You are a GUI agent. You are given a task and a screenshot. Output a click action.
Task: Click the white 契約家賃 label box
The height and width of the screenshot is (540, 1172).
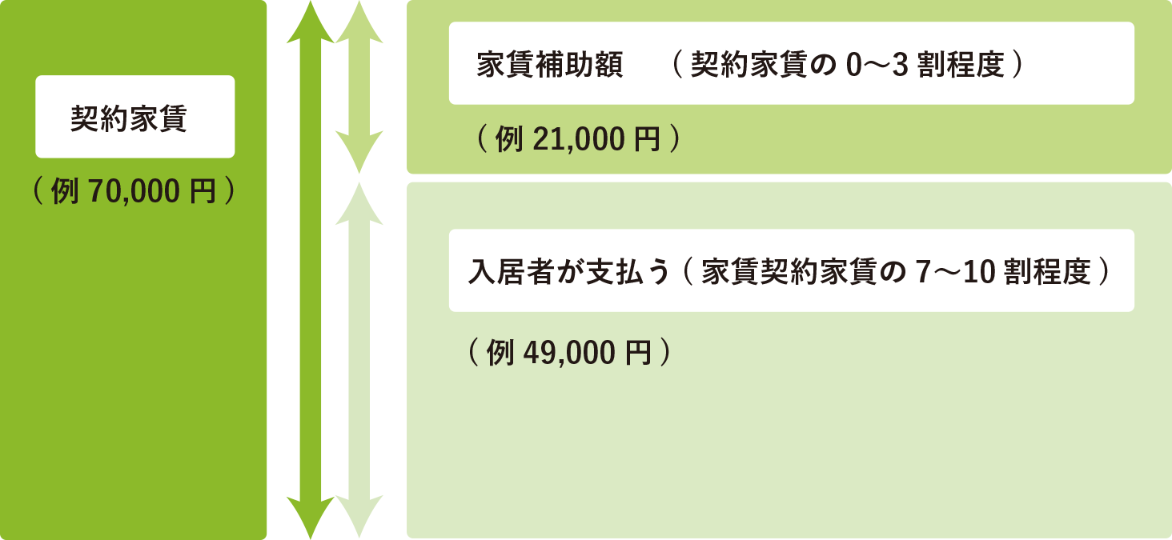[134, 117]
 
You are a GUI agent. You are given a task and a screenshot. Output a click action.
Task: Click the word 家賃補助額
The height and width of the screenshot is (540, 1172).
[549, 65]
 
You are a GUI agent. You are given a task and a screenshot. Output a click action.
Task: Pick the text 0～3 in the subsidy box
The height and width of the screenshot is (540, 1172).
[877, 65]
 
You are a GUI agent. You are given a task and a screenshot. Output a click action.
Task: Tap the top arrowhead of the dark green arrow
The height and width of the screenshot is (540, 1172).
[310, 20]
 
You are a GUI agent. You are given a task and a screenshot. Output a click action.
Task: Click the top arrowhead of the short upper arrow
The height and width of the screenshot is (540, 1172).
[359, 20]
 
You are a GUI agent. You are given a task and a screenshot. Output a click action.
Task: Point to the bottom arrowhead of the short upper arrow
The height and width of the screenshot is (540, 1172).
[359, 156]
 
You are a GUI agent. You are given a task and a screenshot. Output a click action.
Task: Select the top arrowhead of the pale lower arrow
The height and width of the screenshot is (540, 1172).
[359, 200]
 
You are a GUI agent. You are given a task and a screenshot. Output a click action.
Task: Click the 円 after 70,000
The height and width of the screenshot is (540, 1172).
[204, 192]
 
